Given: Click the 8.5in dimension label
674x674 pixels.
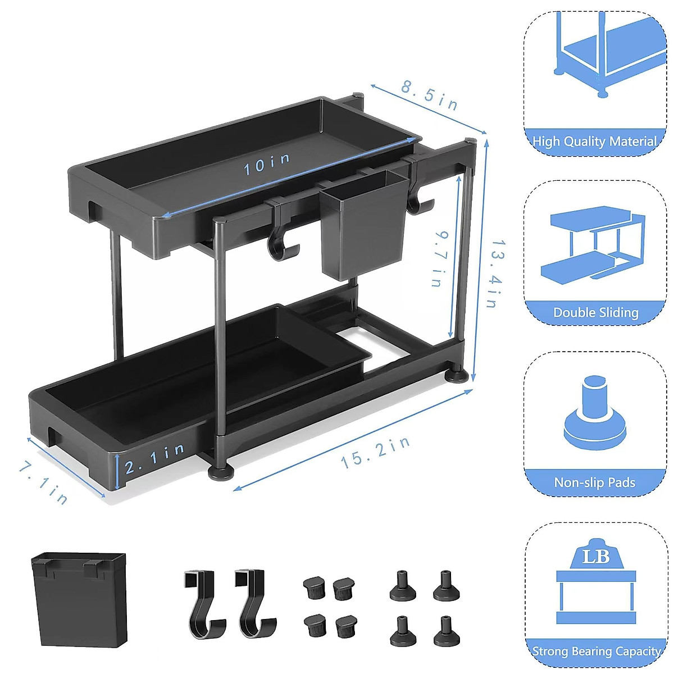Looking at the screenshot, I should coord(430,95).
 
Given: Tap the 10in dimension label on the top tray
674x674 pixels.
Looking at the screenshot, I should coord(267,163).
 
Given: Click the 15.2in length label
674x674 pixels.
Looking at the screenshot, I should coord(375,453).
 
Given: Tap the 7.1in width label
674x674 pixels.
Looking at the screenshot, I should coord(43,483).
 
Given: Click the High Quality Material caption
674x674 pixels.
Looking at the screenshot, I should coord(594,142).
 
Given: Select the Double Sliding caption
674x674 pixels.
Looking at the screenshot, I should coord(595,312).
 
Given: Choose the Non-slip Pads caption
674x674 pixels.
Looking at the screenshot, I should coord(594,482).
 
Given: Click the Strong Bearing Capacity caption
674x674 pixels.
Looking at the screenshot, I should coord(595,652).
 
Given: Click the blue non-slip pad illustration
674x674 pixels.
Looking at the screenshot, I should coord(594,416).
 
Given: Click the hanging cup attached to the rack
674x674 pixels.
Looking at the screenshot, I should coord(365,225).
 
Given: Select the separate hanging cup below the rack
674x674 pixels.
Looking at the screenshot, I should coord(79,598).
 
